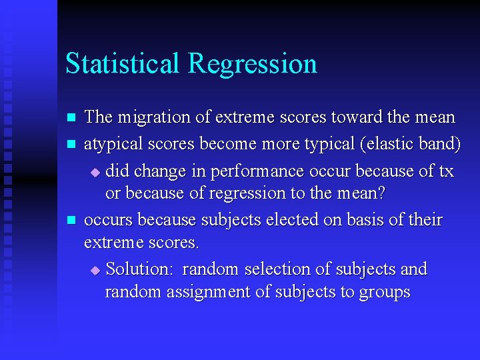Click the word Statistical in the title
pyautogui.click(x=123, y=64)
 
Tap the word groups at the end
pyautogui.click(x=384, y=293)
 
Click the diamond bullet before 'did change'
pyautogui.click(x=95, y=172)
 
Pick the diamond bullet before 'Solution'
pyautogui.click(x=95, y=270)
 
